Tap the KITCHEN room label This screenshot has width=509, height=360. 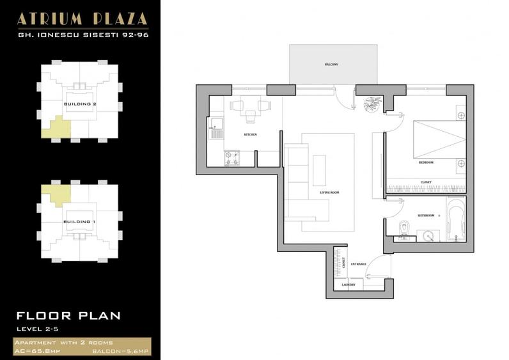(250, 135)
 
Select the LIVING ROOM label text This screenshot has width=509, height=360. (329, 192)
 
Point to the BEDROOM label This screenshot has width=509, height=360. (426, 162)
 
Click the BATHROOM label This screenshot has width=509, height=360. (426, 216)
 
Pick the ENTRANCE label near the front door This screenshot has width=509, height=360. (358, 263)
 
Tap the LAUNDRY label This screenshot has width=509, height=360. (348, 285)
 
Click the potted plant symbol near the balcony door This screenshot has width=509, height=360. (372, 104)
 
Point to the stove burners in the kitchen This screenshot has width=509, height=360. (231, 157)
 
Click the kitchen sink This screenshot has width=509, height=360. (216, 127)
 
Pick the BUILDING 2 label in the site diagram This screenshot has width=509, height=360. (80, 103)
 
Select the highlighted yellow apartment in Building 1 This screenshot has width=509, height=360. (54, 194)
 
